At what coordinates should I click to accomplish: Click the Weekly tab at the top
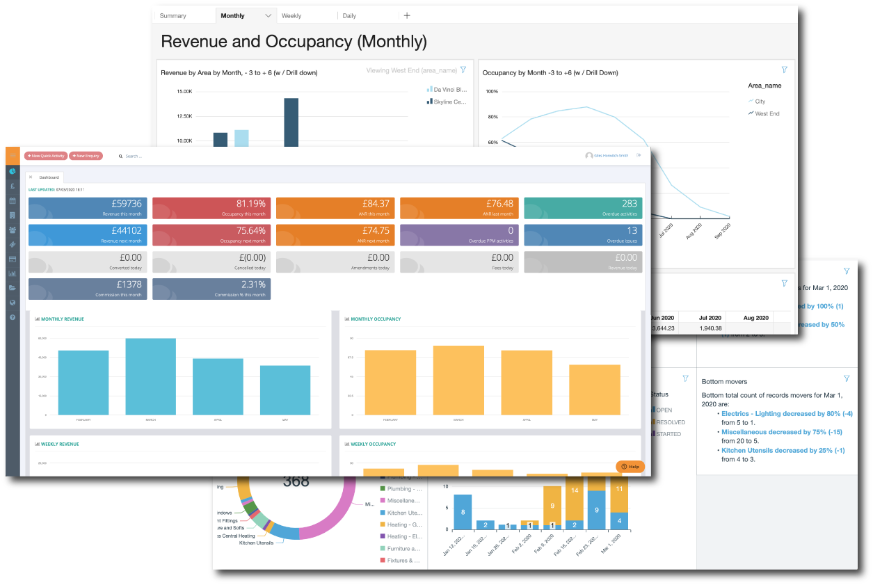tap(291, 15)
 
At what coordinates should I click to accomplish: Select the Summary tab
tap(173, 15)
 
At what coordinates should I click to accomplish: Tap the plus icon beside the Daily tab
tap(407, 15)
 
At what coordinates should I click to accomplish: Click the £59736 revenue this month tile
tap(88, 208)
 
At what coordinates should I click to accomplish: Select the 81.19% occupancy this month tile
tap(211, 208)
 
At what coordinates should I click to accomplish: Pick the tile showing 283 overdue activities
tap(582, 208)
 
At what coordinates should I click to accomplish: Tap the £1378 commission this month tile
tap(88, 289)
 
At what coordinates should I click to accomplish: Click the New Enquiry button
tap(86, 156)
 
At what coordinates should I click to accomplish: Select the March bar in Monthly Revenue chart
tap(150, 376)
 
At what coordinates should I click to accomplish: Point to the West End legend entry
tap(767, 113)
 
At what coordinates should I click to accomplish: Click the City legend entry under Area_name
tap(760, 102)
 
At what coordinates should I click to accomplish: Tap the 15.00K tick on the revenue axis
tap(184, 91)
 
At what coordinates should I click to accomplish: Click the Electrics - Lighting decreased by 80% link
tap(780, 413)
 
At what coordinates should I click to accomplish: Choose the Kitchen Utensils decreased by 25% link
tap(773, 450)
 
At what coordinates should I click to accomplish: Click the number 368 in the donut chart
tap(296, 481)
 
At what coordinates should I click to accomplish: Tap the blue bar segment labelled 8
tap(463, 512)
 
